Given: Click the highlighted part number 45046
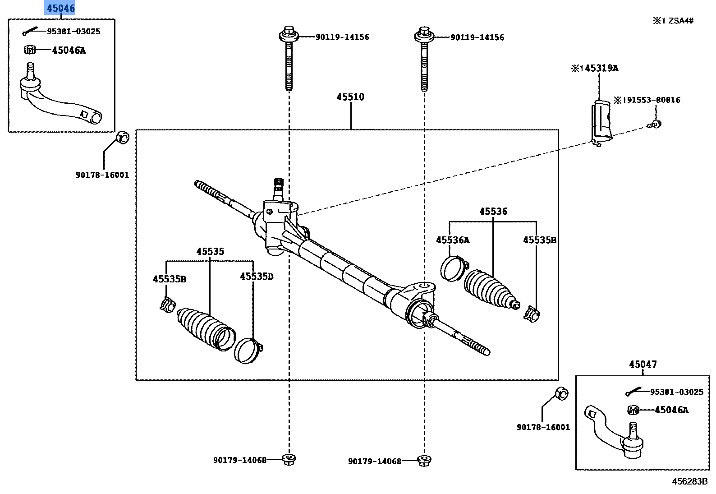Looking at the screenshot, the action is (x=61, y=8).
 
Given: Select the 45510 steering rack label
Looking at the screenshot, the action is (x=350, y=97).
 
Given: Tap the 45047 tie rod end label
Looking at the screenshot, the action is (x=643, y=364).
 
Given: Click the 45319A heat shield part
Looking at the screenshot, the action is (x=601, y=120).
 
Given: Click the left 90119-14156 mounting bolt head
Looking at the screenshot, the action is (x=289, y=34).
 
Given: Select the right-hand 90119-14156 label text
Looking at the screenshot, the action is (x=477, y=37).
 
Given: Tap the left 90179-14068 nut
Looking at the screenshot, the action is (x=289, y=459).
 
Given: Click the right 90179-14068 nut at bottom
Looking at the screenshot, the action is (x=423, y=461).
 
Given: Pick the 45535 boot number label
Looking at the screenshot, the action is (x=210, y=252).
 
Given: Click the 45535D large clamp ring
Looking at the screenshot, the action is (x=248, y=351).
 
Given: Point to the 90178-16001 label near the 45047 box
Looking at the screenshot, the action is (x=543, y=427).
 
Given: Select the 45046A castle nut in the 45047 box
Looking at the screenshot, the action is (x=633, y=410).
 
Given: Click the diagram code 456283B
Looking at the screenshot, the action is (x=689, y=481).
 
